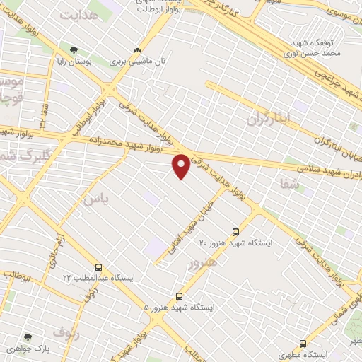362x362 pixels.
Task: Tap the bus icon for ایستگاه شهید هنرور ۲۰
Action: (x=235, y=231)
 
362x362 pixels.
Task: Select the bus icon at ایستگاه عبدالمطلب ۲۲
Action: (x=98, y=267)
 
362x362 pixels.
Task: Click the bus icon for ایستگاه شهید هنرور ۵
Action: (x=179, y=297)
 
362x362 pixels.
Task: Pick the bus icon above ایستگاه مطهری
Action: (x=303, y=344)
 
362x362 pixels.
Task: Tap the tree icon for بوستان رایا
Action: (x=74, y=49)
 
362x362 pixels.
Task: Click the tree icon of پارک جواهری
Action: (x=28, y=338)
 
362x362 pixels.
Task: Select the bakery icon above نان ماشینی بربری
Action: (x=136, y=51)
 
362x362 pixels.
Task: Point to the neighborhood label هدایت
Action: (x=78, y=14)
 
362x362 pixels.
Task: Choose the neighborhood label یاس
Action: (x=95, y=200)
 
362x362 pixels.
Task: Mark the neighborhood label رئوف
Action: (x=68, y=331)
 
